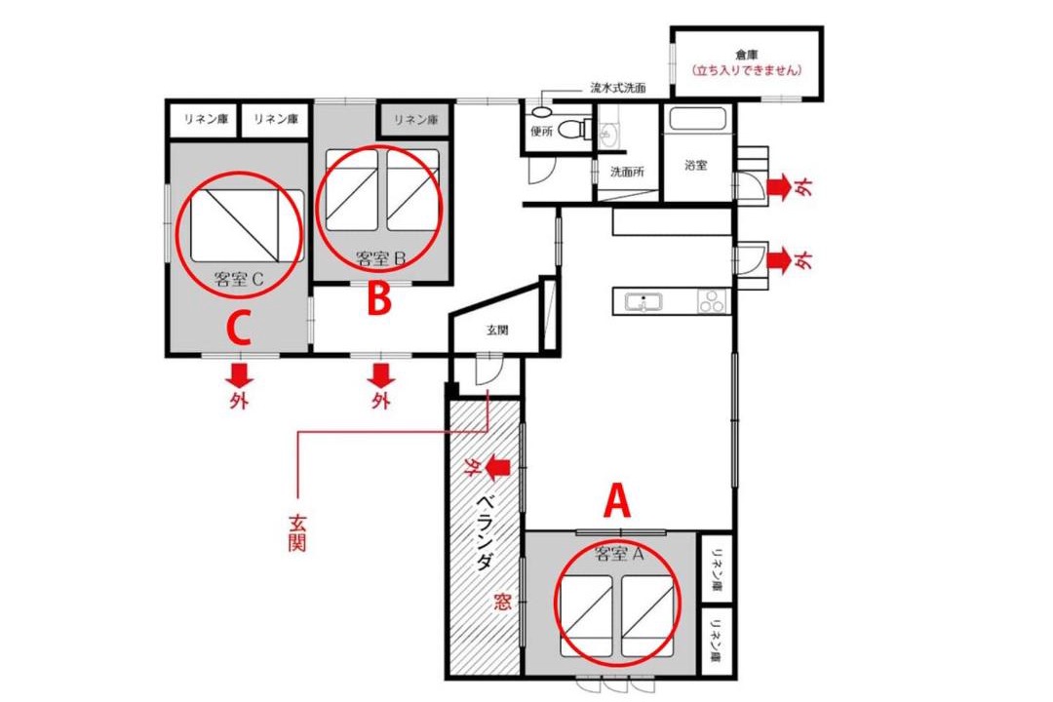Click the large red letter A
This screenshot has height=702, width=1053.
pyautogui.click(x=617, y=502)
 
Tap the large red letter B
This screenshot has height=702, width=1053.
pyautogui.click(x=379, y=298)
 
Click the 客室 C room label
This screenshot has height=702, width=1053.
pyautogui.click(x=239, y=279)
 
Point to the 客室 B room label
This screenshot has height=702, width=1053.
pyautogui.click(x=381, y=258)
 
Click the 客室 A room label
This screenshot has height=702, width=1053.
pyautogui.click(x=619, y=554)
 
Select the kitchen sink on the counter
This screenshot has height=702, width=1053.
pyautogui.click(x=643, y=302)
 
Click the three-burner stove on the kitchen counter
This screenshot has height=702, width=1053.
pyautogui.click(x=713, y=301)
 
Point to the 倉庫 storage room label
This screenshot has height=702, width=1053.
pyautogui.click(x=746, y=55)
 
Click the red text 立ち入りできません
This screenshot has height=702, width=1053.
pyautogui.click(x=747, y=70)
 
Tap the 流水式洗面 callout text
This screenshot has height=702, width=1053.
pyautogui.click(x=618, y=88)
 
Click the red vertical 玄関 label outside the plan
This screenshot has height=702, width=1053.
pyautogui.click(x=296, y=532)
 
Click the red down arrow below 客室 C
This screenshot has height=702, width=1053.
pyautogui.click(x=239, y=374)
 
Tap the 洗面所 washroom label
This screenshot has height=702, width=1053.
pyautogui.click(x=627, y=172)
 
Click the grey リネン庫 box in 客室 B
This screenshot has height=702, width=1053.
pyautogui.click(x=415, y=120)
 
